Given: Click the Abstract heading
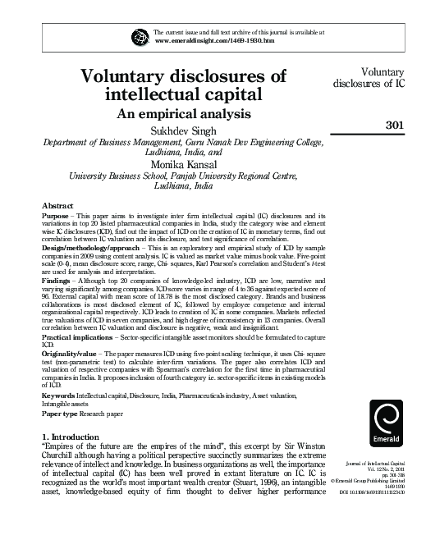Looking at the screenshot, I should pyautogui.click(x=58, y=204).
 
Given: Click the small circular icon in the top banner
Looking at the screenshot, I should pyautogui.click(x=137, y=35).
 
